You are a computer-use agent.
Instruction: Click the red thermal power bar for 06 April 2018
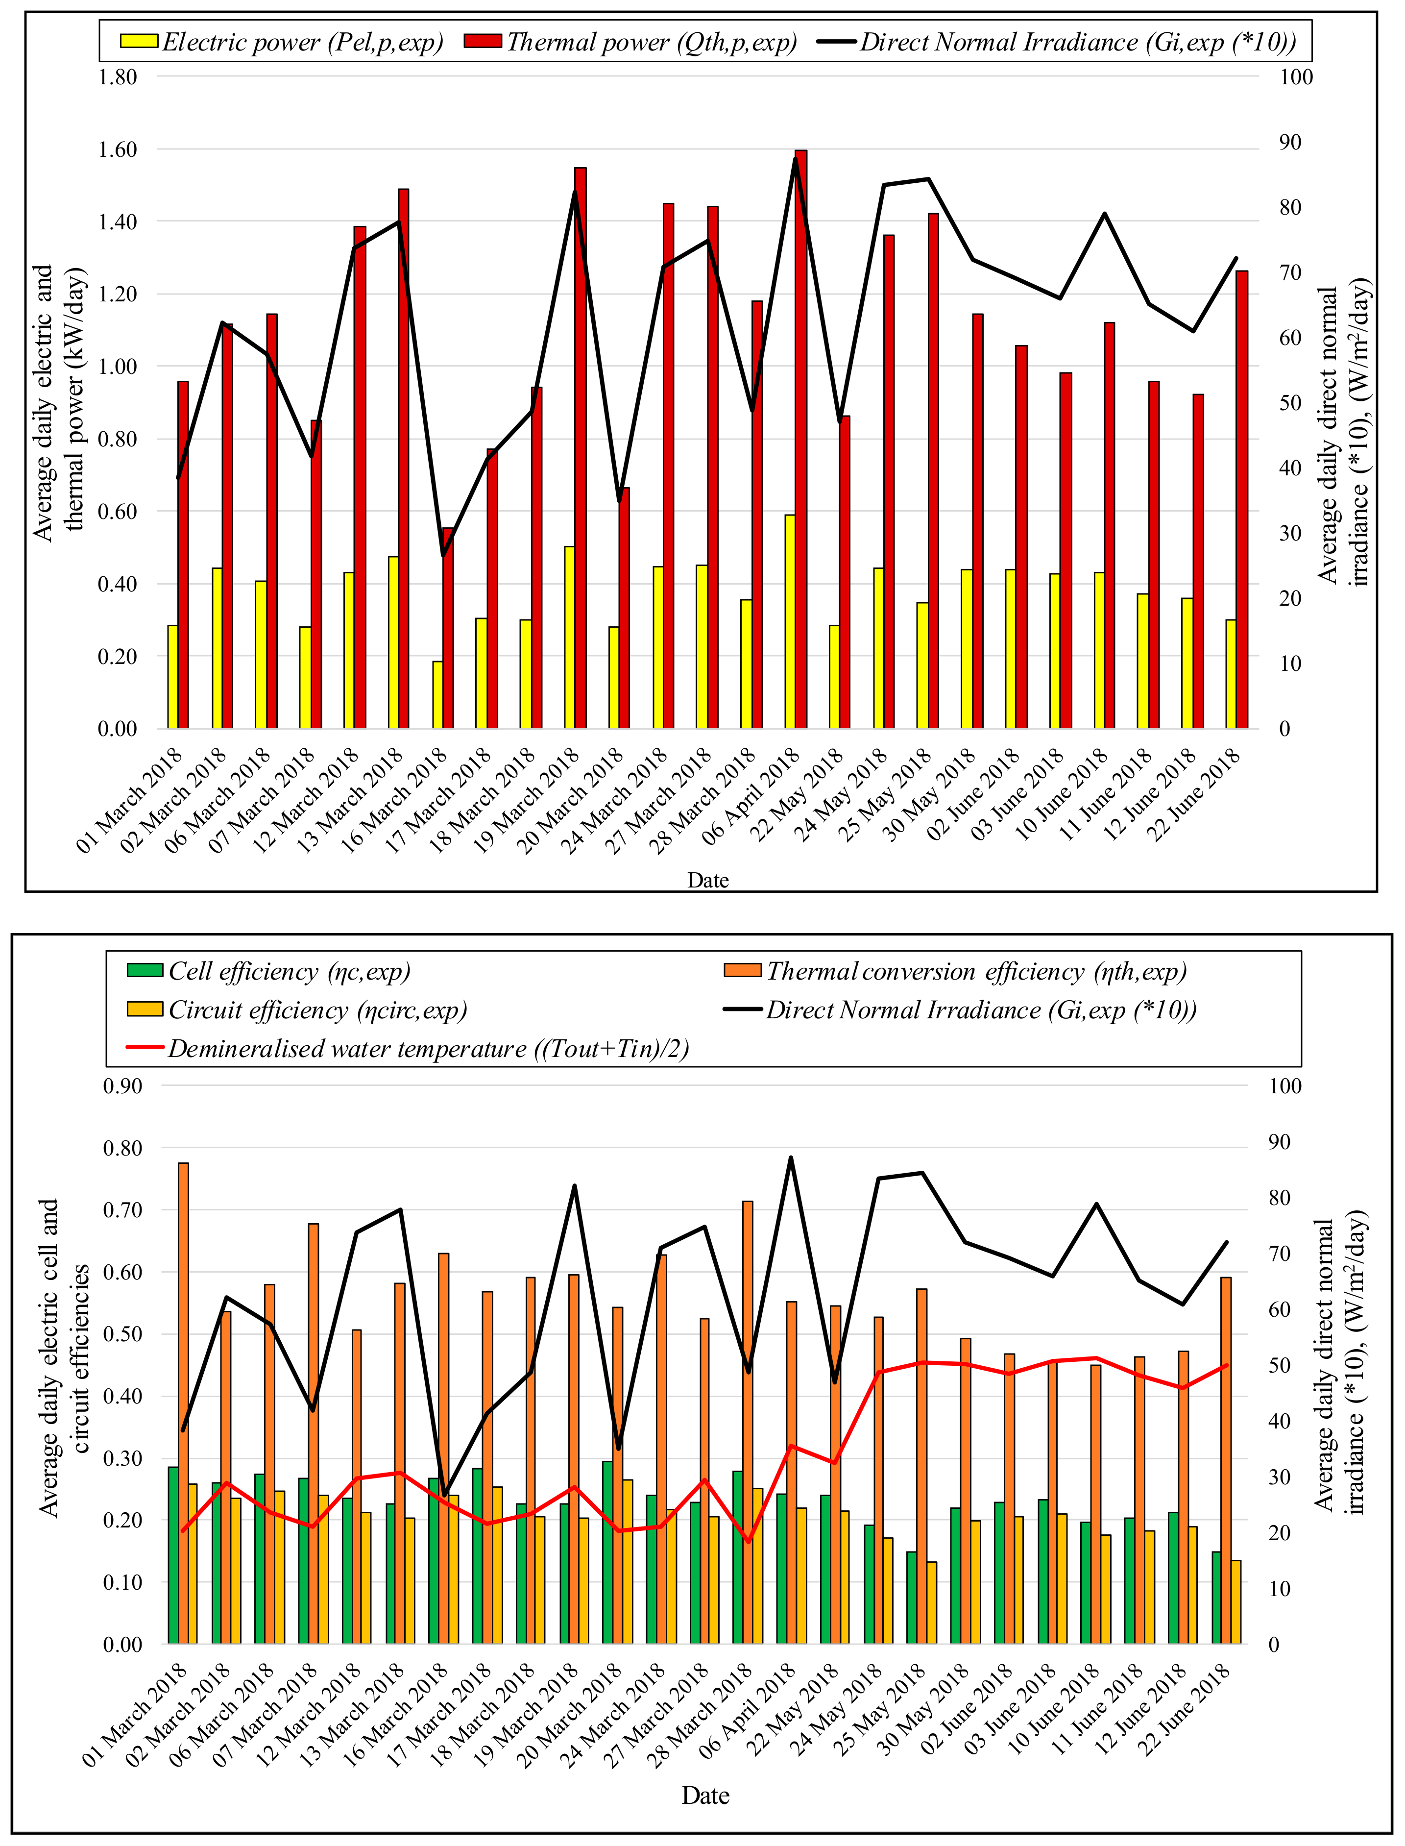tap(800, 439)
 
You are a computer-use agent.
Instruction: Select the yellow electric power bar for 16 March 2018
tap(437, 694)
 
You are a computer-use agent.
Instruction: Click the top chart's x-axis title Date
tap(707, 880)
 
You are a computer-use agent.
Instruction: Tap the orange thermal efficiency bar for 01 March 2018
tap(183, 1403)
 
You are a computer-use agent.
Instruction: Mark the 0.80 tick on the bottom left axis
tap(122, 1148)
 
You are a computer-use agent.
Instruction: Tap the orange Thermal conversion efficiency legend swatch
tap(742, 970)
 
